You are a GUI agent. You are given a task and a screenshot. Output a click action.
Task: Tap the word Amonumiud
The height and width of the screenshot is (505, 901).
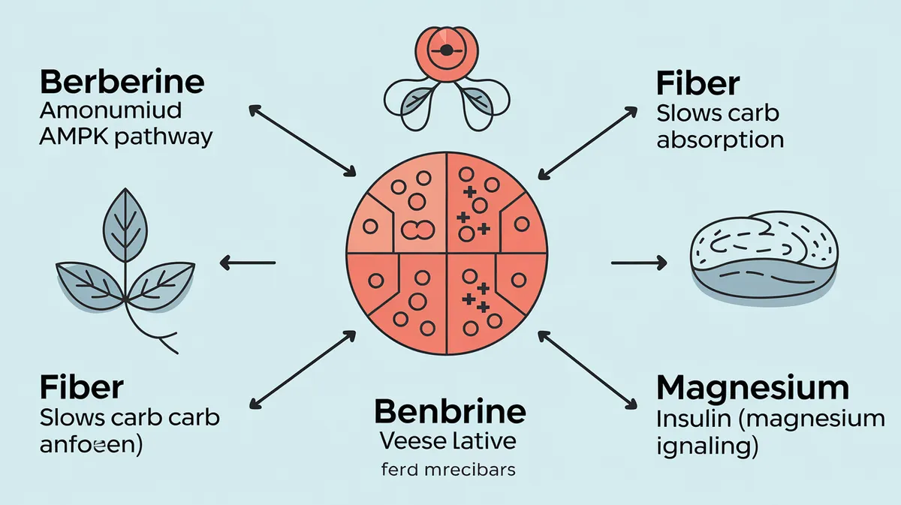click(x=109, y=110)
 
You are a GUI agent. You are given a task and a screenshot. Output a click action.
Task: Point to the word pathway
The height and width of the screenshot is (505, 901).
click(x=167, y=139)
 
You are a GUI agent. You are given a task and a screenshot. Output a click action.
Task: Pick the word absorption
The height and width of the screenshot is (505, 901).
click(x=720, y=140)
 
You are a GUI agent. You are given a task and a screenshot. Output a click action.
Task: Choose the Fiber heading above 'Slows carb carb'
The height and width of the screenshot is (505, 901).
click(x=81, y=388)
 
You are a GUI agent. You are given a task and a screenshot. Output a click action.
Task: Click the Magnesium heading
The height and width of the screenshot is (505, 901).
click(x=752, y=389)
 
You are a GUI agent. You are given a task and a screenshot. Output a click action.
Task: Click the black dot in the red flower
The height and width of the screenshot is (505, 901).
click(x=446, y=50)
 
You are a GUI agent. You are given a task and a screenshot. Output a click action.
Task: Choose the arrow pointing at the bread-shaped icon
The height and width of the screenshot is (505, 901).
click(x=638, y=262)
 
